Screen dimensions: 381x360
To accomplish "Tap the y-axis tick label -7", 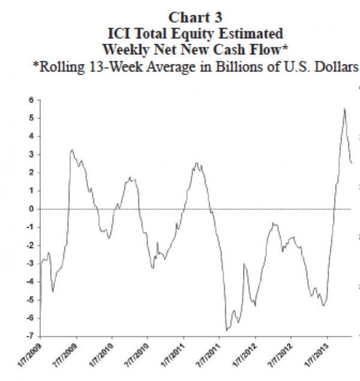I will pos(28,336).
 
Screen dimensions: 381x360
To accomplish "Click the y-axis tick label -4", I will pos(28,281).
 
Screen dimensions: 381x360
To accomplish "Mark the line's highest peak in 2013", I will pos(344,109).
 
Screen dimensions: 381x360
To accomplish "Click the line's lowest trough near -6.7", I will pos(226,330).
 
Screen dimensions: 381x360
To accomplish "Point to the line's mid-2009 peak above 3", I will pos(72,150).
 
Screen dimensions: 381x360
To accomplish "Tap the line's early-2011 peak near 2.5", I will pos(197,163).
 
